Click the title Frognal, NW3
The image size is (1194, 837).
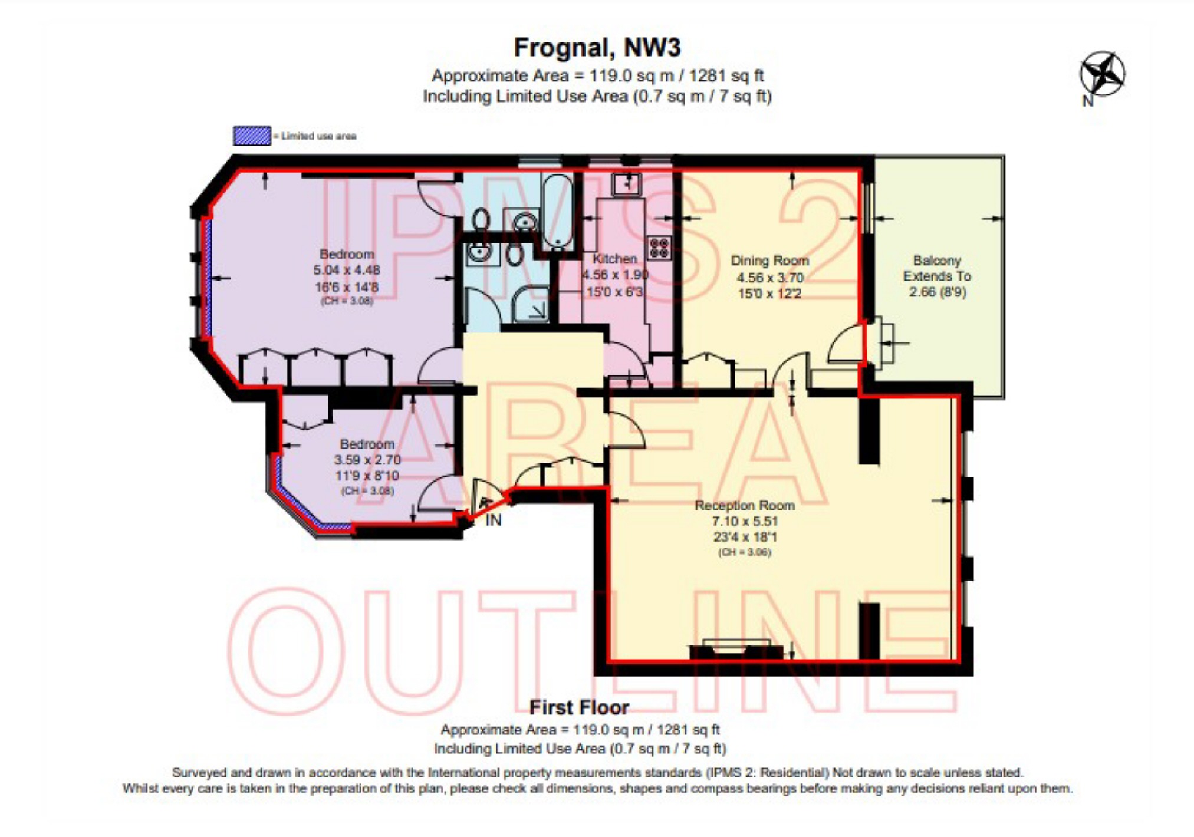pyautogui.click(x=597, y=48)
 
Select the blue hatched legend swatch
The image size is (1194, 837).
pyautogui.click(x=252, y=136)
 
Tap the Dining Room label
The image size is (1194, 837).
pyautogui.click(x=769, y=261)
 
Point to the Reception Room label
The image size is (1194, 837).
pyautogui.click(x=744, y=505)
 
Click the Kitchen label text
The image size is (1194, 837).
pyautogui.click(x=614, y=259)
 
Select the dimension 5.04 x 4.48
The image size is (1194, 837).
pyautogui.click(x=346, y=271)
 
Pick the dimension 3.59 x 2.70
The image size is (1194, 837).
pyautogui.click(x=367, y=460)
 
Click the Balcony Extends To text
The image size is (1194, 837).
pyautogui.click(x=937, y=268)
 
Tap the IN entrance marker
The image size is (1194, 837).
pyautogui.click(x=494, y=520)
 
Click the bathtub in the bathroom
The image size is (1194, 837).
pyautogui.click(x=557, y=212)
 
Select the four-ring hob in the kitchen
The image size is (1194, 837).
pyautogui.click(x=659, y=248)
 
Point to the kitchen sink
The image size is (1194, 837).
pyautogui.click(x=626, y=184)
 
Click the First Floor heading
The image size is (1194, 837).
pyautogui.click(x=579, y=707)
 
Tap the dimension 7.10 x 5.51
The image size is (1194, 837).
pyautogui.click(x=744, y=521)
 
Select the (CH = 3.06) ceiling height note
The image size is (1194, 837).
pyautogui.click(x=744, y=552)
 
